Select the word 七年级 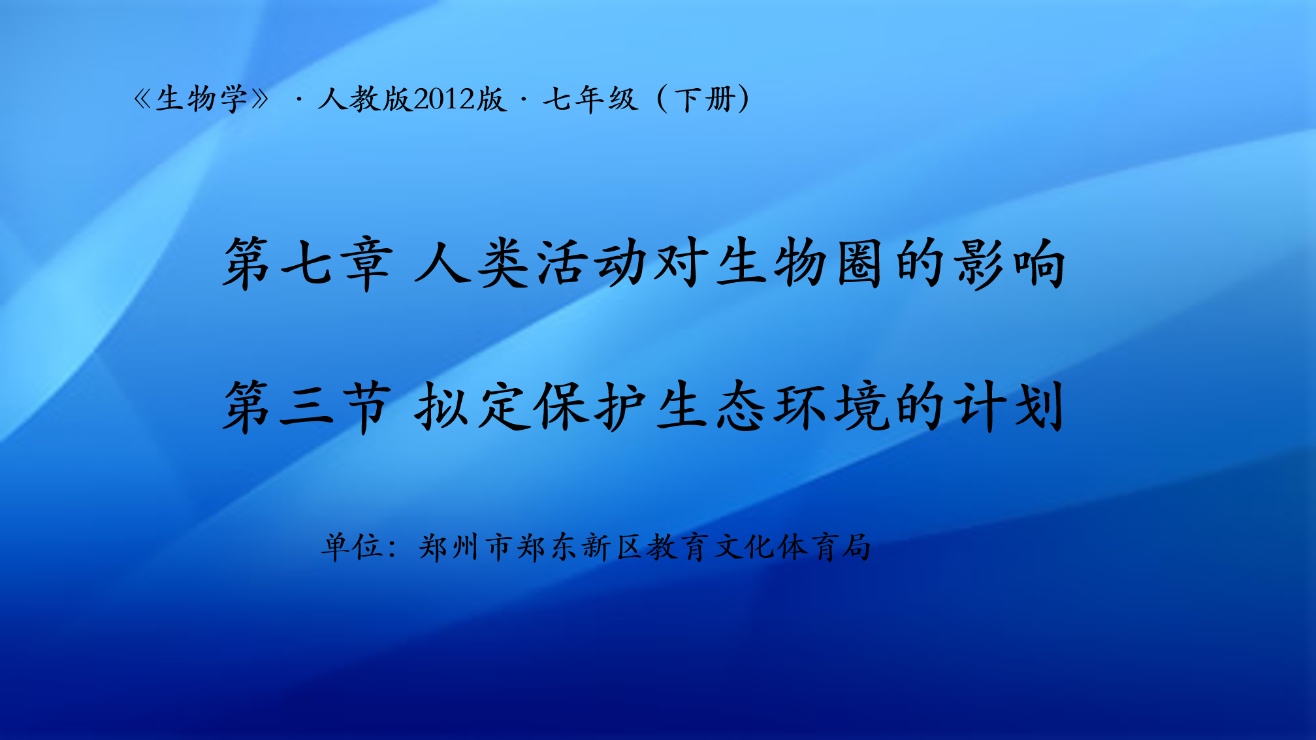[590, 99]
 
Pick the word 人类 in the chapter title [472, 263]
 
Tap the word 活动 [591, 263]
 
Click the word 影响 [1010, 263]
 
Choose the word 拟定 [472, 406]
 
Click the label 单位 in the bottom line [352, 547]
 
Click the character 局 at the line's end [856, 547]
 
